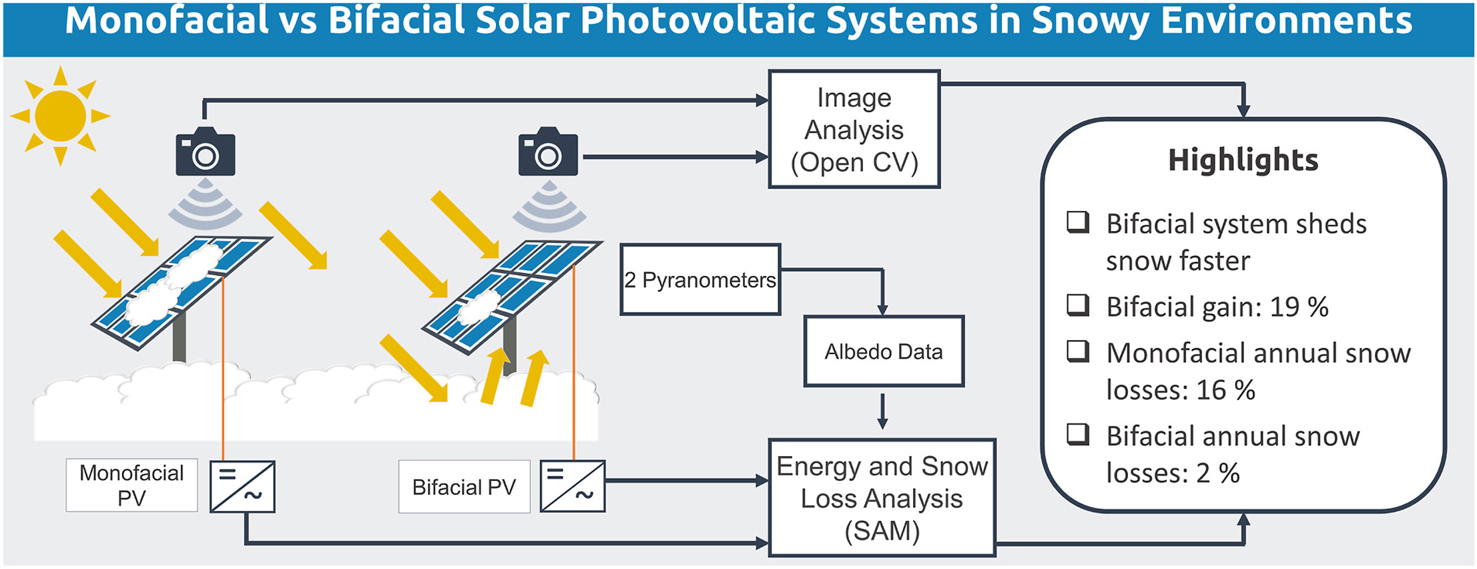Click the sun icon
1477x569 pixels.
pos(60,116)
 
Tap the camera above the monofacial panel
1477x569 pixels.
pos(205,153)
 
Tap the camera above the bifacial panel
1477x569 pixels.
pos(547,153)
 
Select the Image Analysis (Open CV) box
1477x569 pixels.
pos(854,130)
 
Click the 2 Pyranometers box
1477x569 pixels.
pos(700,280)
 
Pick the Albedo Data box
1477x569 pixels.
pos(883,351)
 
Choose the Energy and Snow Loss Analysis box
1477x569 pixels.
pos(882,498)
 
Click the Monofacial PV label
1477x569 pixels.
pos(131,486)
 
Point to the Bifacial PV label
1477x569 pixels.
pos(464,487)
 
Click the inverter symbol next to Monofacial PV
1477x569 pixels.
pos(242,486)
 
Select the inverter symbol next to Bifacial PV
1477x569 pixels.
pos(572,486)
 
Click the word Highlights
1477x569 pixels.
pos(1243,160)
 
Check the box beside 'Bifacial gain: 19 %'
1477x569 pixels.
pos(1077,305)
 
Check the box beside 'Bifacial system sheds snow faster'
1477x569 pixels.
pos(1077,222)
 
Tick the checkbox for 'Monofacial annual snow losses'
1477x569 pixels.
pos(1077,351)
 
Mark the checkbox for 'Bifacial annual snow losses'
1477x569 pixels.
pos(1077,434)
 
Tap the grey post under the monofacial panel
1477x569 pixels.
pos(179,337)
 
